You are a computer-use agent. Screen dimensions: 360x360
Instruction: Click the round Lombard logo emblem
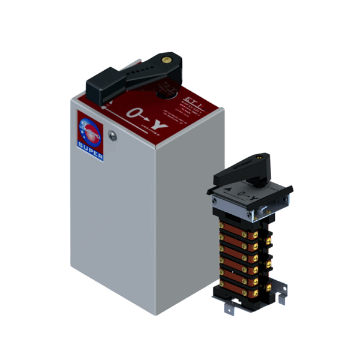click(x=89, y=132)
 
